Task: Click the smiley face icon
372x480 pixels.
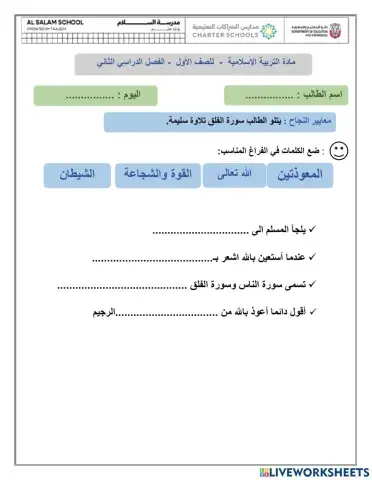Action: (339, 150)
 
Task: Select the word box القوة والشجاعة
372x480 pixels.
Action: (156, 176)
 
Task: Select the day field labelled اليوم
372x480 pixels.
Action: (96, 95)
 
